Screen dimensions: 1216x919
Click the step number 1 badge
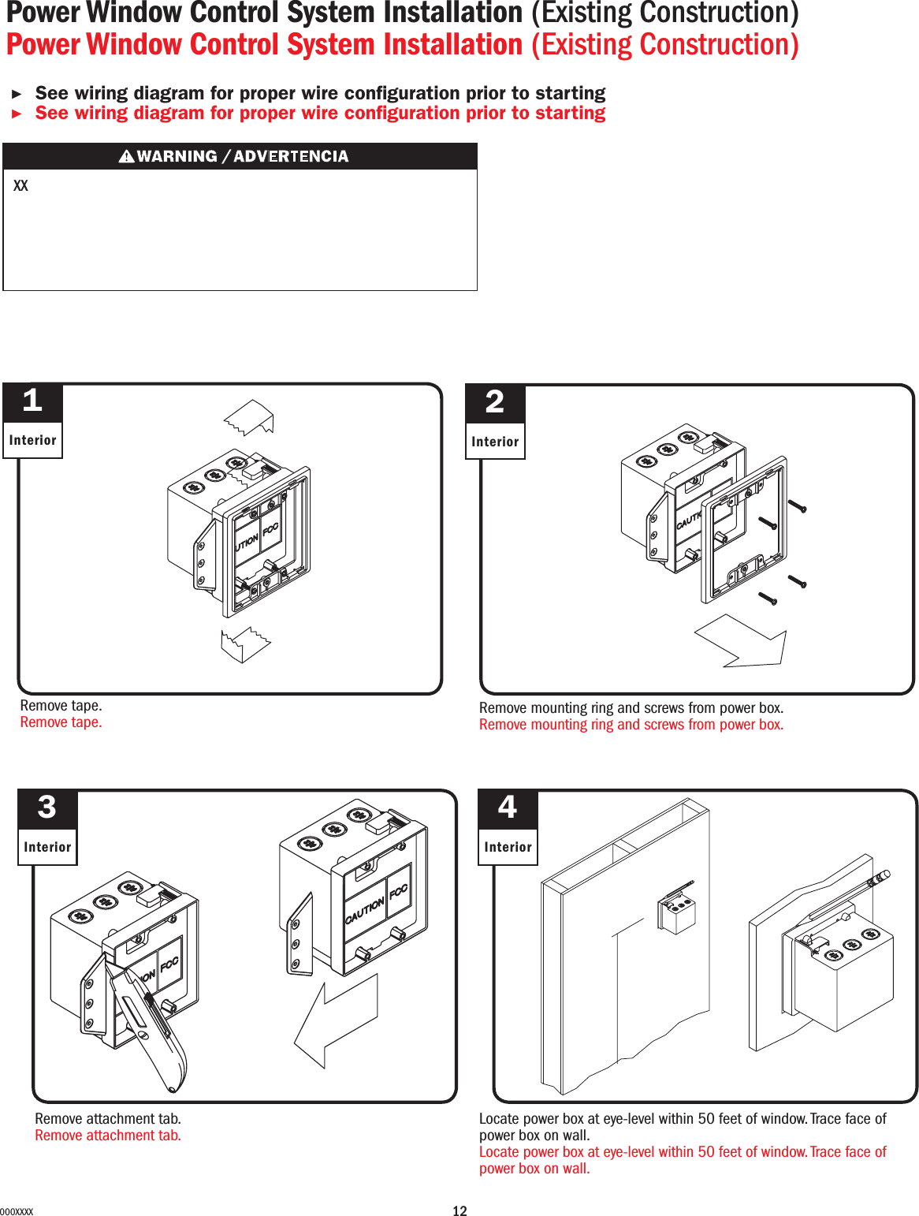[x=32, y=402]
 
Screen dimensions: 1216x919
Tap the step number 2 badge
[x=494, y=403]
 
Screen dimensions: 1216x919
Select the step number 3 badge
[x=47, y=808]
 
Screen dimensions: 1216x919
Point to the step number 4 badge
[x=508, y=808]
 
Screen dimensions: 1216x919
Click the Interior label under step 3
[x=47, y=847]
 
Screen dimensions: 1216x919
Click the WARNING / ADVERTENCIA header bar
[x=240, y=156]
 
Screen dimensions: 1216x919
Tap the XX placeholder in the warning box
[x=21, y=186]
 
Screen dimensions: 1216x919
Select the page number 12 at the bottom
[x=459, y=1211]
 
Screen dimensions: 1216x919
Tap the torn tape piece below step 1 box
[x=246, y=643]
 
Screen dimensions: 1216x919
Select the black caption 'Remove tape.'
[x=61, y=706]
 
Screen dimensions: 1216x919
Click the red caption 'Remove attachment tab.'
[x=108, y=1136]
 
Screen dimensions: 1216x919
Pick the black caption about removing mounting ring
[x=631, y=708]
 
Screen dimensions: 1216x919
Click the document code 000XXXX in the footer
[x=17, y=1212]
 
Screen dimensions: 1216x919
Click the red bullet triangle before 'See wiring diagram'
[x=17, y=114]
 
